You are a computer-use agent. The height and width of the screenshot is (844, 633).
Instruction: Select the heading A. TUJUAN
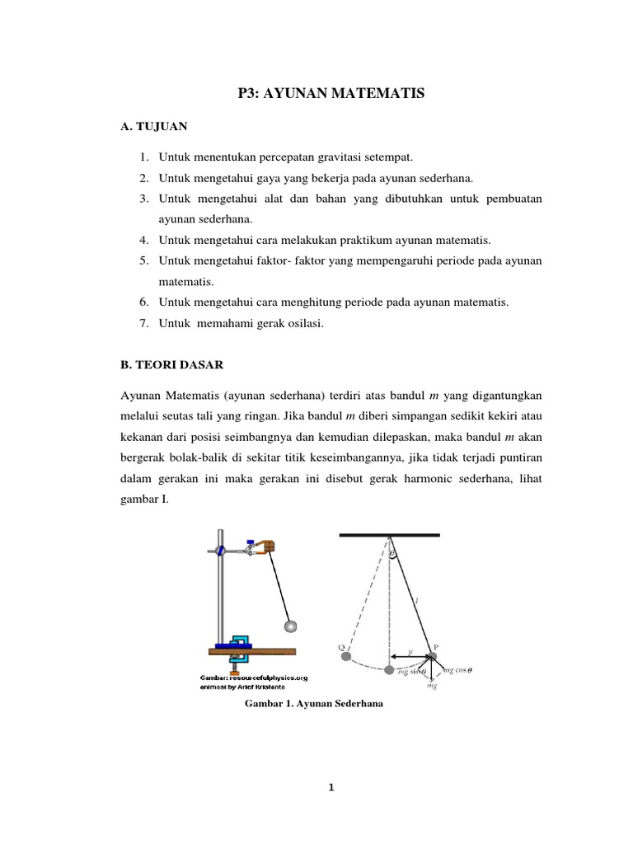tap(153, 127)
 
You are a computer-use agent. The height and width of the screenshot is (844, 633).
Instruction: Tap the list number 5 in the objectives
tap(143, 260)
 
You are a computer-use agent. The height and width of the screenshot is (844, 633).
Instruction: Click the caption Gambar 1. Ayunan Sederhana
tap(316, 705)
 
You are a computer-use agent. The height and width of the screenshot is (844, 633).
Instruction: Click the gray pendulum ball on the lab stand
tap(289, 627)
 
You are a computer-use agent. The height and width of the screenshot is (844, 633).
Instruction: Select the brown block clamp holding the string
tap(267, 545)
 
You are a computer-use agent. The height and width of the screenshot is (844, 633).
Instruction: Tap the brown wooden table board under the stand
tap(247, 651)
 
